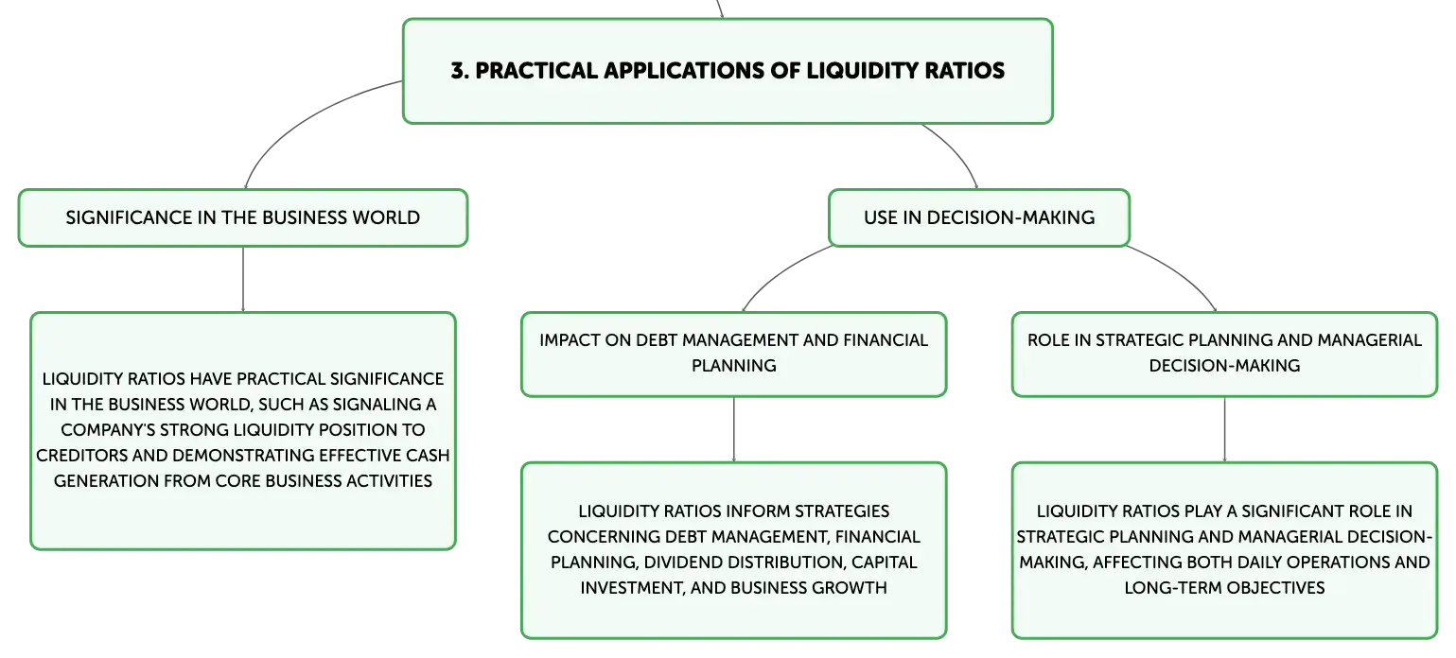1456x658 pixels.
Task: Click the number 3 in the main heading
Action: click(459, 71)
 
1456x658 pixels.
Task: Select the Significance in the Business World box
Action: click(243, 217)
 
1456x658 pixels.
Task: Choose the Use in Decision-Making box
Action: click(979, 217)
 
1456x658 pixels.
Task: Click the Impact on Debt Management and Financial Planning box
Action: click(734, 354)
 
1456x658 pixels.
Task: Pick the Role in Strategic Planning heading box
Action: click(1224, 354)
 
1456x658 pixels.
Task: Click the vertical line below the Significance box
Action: click(243, 279)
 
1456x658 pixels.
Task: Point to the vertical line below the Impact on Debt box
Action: click(734, 429)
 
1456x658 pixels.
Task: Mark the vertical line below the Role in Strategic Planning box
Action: click(1224, 429)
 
